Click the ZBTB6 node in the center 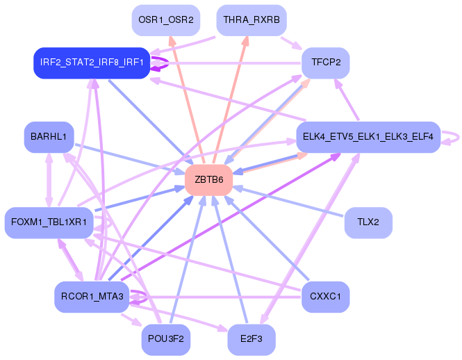[x=208, y=180]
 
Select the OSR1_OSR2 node [x=166, y=20]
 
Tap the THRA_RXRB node [x=251, y=20]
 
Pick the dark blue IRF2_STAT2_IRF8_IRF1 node [x=92, y=63]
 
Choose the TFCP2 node [x=326, y=63]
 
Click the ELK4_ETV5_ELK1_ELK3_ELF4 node [x=368, y=137]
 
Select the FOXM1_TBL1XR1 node [x=49, y=222]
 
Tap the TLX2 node [x=368, y=222]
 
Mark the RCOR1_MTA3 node [x=92, y=297]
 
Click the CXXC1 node [x=326, y=297]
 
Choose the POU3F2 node [x=166, y=340]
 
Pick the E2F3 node [x=251, y=340]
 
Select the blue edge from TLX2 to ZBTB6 [x=292, y=202]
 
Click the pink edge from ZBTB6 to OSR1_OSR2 [x=186, y=97]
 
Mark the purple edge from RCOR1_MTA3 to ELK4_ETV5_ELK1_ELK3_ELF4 [x=229, y=218]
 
